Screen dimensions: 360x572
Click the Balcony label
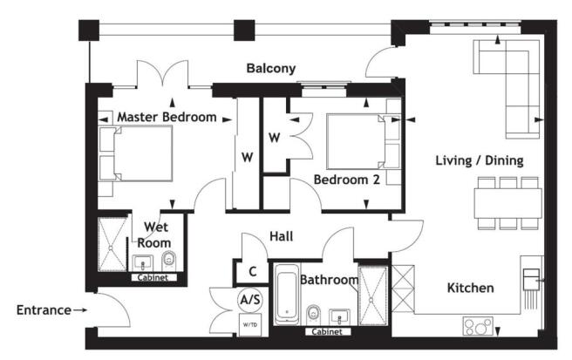click(270, 68)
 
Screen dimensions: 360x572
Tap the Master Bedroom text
click(167, 117)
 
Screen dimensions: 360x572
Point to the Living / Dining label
click(480, 160)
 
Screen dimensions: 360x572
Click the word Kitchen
click(470, 288)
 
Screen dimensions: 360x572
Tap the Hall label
click(281, 235)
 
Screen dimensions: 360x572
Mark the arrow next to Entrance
click(80, 309)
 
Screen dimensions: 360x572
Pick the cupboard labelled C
click(251, 271)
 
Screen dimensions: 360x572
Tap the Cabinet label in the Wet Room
click(158, 278)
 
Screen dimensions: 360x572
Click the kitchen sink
click(531, 278)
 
